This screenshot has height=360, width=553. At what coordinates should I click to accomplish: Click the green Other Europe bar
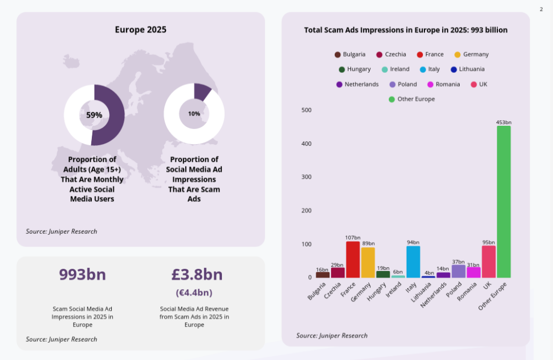[x=504, y=202]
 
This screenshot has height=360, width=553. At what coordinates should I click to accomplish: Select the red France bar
[x=353, y=260]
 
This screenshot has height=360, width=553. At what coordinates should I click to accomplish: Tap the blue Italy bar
[x=413, y=262]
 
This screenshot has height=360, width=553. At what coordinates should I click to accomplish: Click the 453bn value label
[x=504, y=123]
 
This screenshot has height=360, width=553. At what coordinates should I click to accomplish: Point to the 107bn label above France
[x=353, y=237]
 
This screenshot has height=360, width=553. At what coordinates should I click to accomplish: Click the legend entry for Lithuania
[x=468, y=69]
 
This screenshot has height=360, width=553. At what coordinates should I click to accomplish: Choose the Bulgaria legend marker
[x=338, y=55]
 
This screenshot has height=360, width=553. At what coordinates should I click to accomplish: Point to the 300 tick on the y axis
[x=306, y=177]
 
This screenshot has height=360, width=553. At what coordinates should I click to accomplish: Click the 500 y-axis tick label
[x=306, y=110]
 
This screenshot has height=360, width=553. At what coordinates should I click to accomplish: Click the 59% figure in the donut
[x=94, y=115]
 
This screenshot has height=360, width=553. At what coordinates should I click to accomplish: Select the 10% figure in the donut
[x=194, y=114]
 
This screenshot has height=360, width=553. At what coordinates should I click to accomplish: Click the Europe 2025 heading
[x=140, y=30]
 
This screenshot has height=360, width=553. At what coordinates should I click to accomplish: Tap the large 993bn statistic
[x=83, y=275]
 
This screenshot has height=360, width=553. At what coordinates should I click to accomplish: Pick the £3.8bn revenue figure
[x=197, y=275]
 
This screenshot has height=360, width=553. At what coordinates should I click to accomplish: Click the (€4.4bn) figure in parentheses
[x=194, y=293]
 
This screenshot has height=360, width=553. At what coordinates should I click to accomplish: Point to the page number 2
[x=541, y=9]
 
